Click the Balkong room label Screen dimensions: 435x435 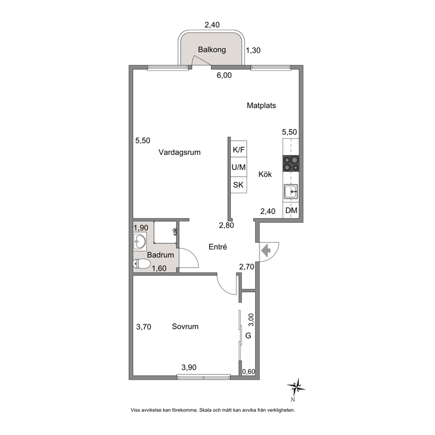pyautogui.click(x=212, y=50)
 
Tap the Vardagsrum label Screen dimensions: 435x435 pyautogui.click(x=179, y=152)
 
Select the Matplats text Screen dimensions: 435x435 pyautogui.click(x=261, y=105)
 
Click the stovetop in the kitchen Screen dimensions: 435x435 pyautogui.click(x=291, y=163)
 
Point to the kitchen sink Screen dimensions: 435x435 pyautogui.click(x=291, y=192)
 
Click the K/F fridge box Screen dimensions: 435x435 pyautogui.click(x=239, y=150)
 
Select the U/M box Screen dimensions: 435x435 pyautogui.click(x=239, y=167)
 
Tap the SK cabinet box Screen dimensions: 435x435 pyautogui.click(x=239, y=185)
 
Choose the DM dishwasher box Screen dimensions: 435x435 pyautogui.click(x=291, y=210)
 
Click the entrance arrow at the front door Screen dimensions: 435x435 pyautogui.click(x=266, y=251)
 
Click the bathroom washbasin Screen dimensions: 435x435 pyautogui.click(x=139, y=242)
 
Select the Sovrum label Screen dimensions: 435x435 pyautogui.click(x=185, y=327)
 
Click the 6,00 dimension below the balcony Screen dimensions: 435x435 pyautogui.click(x=224, y=75)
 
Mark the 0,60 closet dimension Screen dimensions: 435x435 pyautogui.click(x=249, y=371)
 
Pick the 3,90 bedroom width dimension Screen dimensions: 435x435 pyautogui.click(x=189, y=367)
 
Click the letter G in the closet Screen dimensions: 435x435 pyautogui.click(x=248, y=336)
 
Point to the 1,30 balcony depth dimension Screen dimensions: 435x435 pyautogui.click(x=253, y=50)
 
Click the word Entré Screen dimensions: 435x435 pyautogui.click(x=218, y=247)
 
